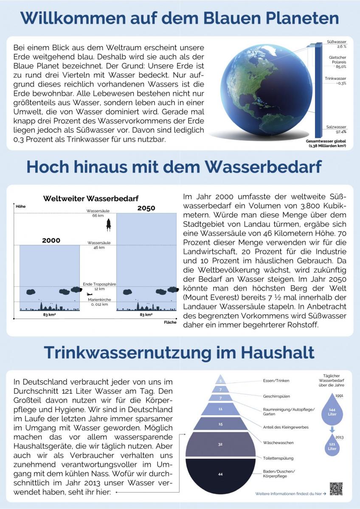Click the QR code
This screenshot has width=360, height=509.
tap(336, 489)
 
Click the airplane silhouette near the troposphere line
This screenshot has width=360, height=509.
tap(89, 294)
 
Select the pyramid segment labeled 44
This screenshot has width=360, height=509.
tap(220, 474)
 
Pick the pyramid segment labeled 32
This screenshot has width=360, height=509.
tap(220, 444)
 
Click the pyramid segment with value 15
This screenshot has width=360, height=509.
tap(220, 424)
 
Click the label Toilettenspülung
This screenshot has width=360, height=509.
tap(278, 458)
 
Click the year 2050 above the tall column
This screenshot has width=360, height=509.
tap(146, 208)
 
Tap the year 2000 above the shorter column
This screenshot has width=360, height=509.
tap(51, 241)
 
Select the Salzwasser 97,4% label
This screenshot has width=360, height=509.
tap(336, 129)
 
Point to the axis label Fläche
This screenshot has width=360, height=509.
tap(169, 322)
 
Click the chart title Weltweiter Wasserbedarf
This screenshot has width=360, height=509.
tap(91, 199)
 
